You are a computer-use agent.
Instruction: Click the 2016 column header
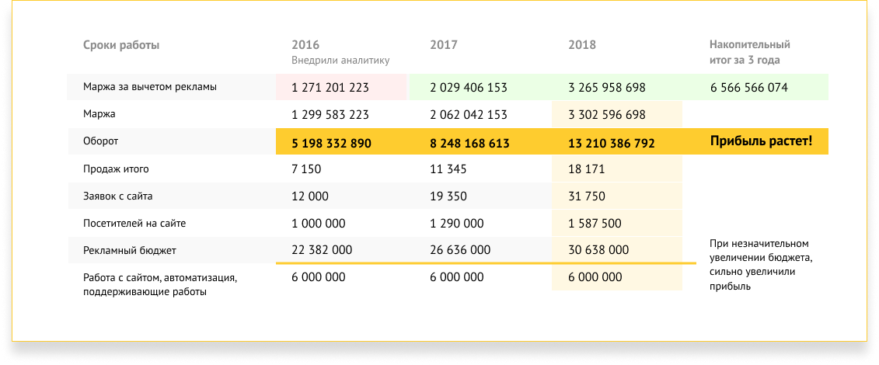point(305,45)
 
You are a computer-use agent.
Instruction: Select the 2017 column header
point(444,45)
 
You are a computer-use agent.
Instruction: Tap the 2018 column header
point(582,45)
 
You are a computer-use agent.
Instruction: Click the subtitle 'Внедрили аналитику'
point(340,60)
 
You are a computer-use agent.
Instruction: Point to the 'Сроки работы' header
point(121,45)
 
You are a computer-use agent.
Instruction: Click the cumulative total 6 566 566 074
point(748,88)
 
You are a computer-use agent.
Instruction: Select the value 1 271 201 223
point(330,88)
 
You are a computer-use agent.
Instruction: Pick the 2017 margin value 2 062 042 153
point(469,115)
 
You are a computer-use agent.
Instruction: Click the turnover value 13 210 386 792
point(612,143)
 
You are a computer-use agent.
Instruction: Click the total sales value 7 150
point(306,169)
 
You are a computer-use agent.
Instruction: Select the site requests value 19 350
point(448,196)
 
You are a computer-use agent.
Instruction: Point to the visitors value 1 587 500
point(595,223)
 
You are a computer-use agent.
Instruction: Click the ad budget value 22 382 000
point(322,250)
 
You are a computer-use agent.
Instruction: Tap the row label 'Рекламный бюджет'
point(130,250)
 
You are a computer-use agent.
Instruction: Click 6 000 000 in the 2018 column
point(595,277)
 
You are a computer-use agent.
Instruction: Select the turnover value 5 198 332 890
point(331,143)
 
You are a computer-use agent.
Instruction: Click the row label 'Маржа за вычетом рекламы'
point(150,87)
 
